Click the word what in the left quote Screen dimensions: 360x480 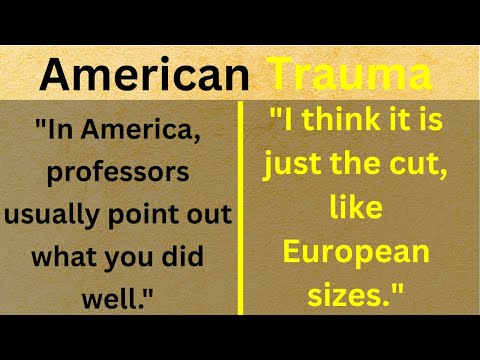[68, 257]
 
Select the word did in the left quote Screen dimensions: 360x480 [180, 257]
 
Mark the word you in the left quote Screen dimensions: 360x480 [126, 257]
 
